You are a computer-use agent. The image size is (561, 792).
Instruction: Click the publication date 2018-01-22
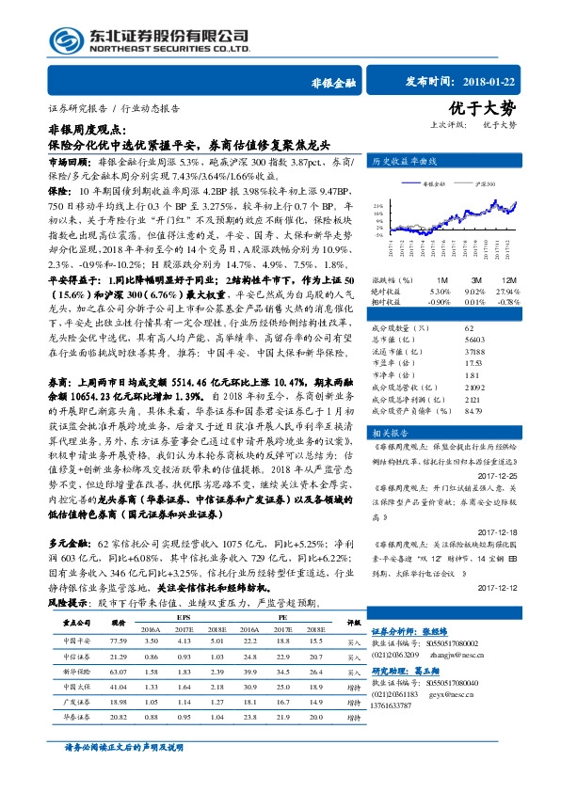point(505,82)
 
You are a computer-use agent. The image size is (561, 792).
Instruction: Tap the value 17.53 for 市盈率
point(446,364)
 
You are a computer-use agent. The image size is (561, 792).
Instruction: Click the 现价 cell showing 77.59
point(119,640)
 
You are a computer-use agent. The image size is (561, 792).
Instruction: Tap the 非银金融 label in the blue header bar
point(330,83)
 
